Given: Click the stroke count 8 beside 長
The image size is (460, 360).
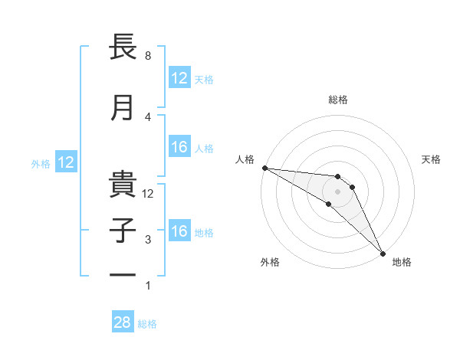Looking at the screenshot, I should click(x=148, y=56).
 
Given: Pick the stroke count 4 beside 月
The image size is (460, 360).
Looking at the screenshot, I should click(x=148, y=116).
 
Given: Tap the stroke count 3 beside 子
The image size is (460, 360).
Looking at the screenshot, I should click(x=148, y=240).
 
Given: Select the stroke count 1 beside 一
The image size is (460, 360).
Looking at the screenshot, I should click(x=148, y=286).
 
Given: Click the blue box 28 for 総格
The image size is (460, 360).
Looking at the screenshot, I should click(x=123, y=322).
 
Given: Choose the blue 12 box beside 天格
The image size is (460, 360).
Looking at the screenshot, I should click(x=179, y=78).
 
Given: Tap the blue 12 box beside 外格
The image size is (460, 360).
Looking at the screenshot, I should click(x=66, y=162).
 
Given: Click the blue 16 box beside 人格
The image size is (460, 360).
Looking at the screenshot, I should click(x=179, y=148).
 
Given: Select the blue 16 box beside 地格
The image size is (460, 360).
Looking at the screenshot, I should click(x=179, y=232).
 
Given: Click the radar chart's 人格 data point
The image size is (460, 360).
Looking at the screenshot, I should click(x=264, y=168).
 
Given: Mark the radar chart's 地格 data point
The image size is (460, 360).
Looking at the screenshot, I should click(x=383, y=254).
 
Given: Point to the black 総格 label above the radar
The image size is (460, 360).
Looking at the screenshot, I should click(x=338, y=100).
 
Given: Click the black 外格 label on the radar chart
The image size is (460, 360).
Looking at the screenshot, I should click(x=270, y=262).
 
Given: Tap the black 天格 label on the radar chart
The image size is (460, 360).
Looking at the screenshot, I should click(x=432, y=159).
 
